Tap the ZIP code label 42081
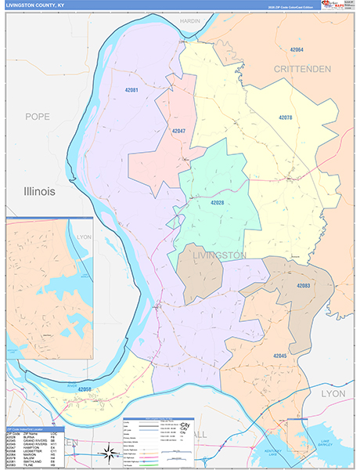tap(131, 91)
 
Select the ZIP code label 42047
tap(178, 130)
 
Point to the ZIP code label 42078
tap(286, 117)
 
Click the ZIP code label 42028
tap(217, 202)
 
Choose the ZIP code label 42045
tap(281, 356)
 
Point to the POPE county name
tap(37, 117)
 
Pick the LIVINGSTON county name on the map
tap(220, 255)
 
